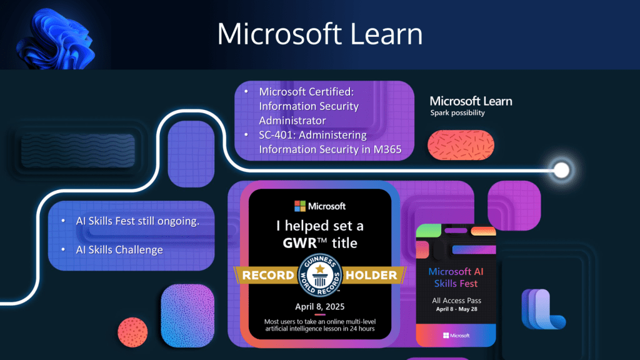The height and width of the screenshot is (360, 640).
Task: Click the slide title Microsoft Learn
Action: (x=319, y=34)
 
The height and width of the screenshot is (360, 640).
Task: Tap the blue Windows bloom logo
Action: (x=55, y=39)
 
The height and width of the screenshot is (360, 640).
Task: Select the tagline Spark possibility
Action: (x=457, y=112)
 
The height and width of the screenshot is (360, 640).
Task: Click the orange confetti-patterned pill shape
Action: (x=461, y=145)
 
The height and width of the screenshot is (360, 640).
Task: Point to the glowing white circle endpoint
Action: (x=562, y=170)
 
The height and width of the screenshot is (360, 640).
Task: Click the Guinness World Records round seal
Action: (x=320, y=275)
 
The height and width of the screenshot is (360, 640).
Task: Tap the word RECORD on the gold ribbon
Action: (x=267, y=275)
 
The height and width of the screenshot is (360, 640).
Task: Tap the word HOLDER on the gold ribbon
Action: (x=371, y=275)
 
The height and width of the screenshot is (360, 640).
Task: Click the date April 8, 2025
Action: (x=320, y=306)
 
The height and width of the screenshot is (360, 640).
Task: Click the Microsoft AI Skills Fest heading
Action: (x=456, y=277)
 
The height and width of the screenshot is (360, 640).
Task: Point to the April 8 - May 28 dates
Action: (x=456, y=309)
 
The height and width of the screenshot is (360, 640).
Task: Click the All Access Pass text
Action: (x=456, y=301)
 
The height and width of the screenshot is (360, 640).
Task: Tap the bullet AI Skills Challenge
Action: (x=119, y=250)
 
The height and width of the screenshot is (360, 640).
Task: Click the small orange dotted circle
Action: (x=132, y=332)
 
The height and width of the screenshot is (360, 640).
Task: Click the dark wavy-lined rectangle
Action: (x=78, y=150)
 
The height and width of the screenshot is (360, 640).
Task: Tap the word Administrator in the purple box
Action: (x=292, y=121)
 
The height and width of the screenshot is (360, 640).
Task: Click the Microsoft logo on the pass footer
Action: (x=456, y=336)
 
